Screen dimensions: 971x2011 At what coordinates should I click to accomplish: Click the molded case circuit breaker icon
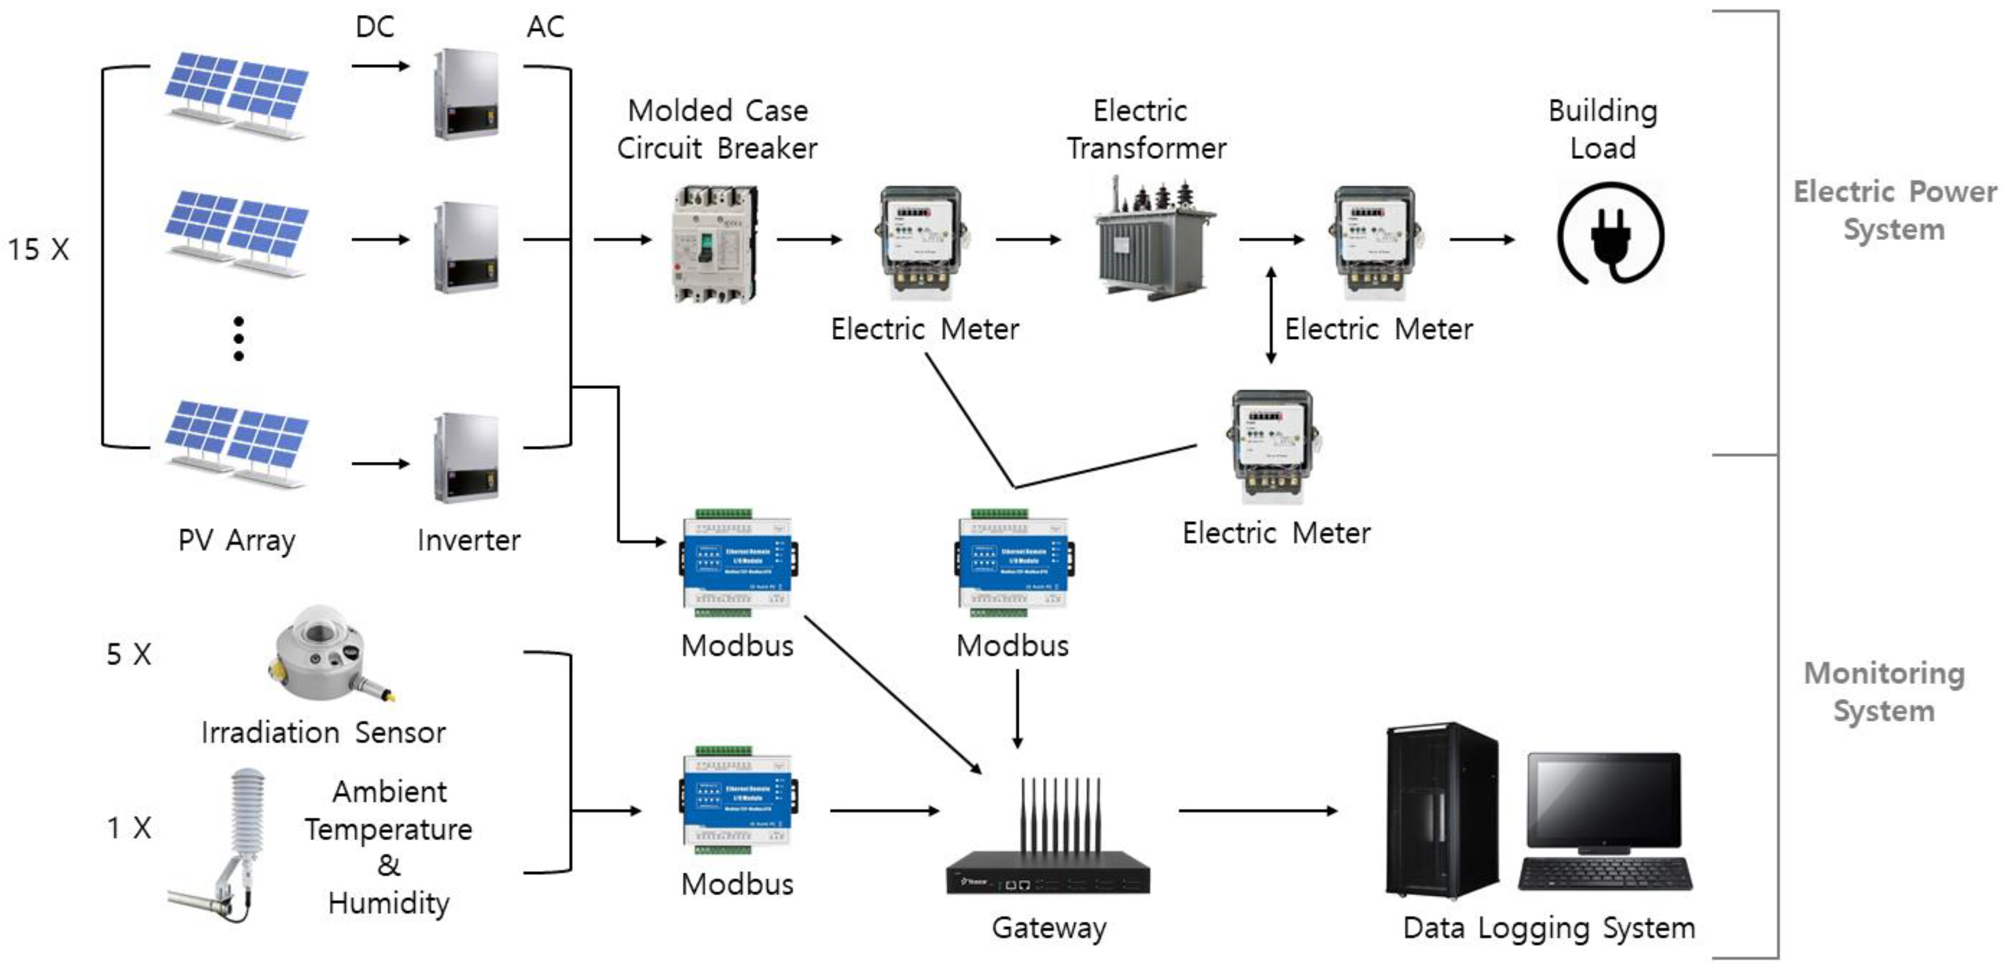(715, 243)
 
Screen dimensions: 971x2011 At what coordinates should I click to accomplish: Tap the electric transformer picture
(1154, 238)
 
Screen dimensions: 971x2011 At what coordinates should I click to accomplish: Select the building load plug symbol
(1611, 235)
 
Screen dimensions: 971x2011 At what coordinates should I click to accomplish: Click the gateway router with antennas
(1048, 843)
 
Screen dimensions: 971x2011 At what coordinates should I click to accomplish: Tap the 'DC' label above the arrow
(375, 27)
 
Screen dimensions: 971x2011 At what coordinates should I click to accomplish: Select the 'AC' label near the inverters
(545, 27)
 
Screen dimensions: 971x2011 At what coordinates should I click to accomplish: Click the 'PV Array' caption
(237, 540)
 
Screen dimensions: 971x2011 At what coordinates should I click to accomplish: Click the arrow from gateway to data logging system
(1257, 811)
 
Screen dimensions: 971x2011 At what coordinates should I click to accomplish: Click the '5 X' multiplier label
(129, 654)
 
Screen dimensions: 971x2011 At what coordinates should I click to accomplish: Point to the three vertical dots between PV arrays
(239, 339)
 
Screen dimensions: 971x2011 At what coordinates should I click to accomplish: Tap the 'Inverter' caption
(469, 540)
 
